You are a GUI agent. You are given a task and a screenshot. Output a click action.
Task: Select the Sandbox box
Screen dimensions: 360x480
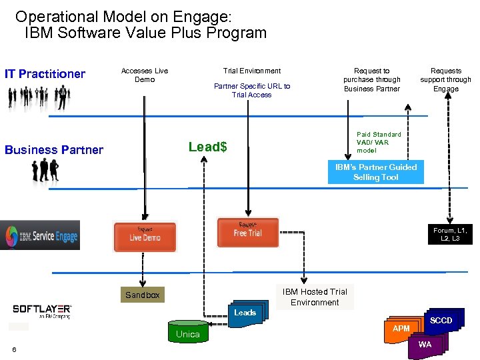coord(142,295)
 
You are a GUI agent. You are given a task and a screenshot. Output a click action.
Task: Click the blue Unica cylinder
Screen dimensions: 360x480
coord(187,333)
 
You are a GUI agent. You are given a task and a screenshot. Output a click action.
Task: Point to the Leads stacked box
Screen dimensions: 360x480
coord(245,313)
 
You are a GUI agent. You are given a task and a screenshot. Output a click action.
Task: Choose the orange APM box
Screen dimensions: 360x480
coord(401,329)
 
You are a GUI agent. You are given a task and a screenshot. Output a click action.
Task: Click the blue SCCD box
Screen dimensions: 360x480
coord(441,321)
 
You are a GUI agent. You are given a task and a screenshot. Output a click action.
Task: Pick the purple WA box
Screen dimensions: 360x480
coord(425,345)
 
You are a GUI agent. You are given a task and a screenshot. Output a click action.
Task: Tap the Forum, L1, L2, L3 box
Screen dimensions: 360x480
coord(450,234)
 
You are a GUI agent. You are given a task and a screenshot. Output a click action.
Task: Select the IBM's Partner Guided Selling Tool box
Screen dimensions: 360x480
coord(375,172)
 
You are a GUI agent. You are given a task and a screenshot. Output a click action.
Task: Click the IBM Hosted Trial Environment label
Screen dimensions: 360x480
coord(315,297)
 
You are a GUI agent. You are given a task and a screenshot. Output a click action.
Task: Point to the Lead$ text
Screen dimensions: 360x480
coord(207,147)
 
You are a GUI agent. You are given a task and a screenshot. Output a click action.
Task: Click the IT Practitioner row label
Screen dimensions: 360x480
coord(45,74)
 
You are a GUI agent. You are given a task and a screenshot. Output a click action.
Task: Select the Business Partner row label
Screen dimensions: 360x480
coord(54,150)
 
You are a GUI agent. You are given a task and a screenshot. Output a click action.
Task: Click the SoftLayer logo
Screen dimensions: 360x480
coord(42,311)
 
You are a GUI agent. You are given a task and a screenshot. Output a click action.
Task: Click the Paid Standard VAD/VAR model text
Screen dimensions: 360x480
coord(379,142)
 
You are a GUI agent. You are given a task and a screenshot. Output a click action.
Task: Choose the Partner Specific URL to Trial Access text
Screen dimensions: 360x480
coord(251,90)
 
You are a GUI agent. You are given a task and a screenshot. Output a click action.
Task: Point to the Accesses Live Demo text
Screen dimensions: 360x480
coord(144,75)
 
